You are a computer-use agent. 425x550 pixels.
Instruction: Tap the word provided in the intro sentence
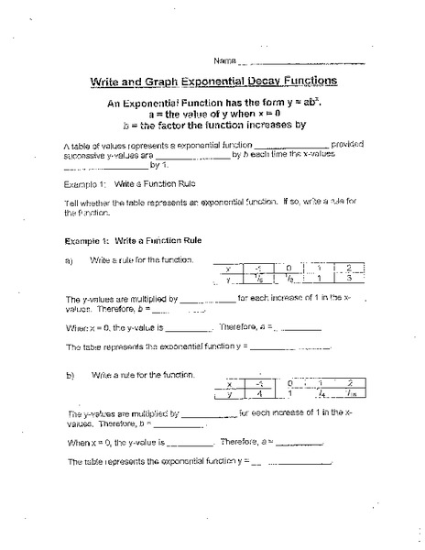(x=349, y=145)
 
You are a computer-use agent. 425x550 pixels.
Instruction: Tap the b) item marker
(x=69, y=376)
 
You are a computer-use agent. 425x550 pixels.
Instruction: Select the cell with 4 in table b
(x=261, y=395)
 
